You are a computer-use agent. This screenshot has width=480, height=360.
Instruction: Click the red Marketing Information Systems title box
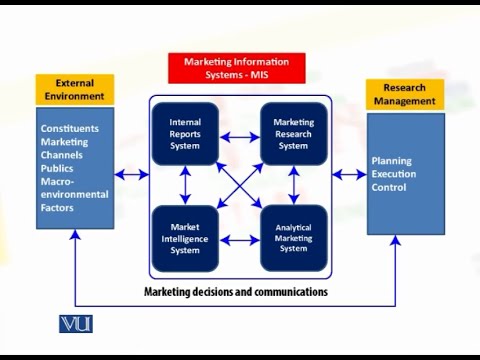237,68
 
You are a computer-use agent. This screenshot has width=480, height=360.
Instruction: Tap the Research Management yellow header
404,94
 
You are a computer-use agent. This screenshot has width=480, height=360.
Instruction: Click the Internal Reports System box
185,134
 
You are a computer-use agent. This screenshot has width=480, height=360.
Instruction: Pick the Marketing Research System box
293,134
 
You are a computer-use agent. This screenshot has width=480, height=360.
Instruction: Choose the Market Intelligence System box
185,238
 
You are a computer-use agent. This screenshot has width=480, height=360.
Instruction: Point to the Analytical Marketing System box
293,238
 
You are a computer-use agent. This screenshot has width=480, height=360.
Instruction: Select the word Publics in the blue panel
58,168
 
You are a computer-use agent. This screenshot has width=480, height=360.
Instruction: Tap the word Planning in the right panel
391,160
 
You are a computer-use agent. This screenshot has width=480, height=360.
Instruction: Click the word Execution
395,173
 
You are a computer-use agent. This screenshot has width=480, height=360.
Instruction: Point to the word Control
388,187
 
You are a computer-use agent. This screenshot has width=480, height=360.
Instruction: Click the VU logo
76,323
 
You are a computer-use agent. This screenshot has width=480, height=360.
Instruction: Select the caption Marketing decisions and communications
236,292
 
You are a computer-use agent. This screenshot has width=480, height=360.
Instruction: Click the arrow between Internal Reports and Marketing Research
239,136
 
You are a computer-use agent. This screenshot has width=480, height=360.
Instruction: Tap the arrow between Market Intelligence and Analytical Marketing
239,239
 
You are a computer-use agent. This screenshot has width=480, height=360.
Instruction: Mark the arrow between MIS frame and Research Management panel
349,175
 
